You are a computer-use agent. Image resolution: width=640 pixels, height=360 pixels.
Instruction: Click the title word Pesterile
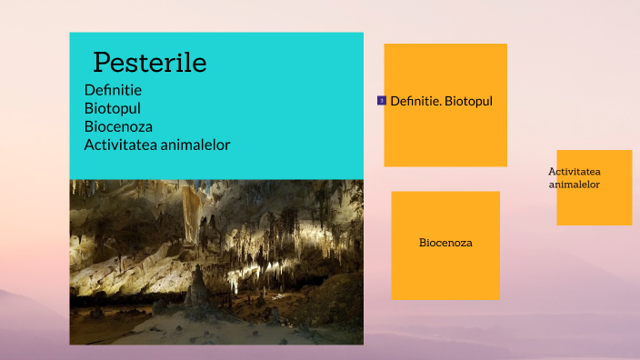click(150, 63)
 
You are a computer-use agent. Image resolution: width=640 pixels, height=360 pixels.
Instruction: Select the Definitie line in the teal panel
click(113, 90)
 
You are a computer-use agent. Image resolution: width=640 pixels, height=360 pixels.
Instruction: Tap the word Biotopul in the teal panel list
click(113, 108)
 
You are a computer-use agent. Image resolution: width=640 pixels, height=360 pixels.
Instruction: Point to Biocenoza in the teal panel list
click(118, 126)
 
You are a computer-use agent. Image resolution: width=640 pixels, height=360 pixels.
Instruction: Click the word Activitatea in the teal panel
click(117, 145)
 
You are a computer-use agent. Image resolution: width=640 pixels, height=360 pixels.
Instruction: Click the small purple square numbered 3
click(382, 100)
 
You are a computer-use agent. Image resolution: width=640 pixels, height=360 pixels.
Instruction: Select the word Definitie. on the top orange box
click(415, 101)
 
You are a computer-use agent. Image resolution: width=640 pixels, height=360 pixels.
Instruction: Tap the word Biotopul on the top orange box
click(468, 101)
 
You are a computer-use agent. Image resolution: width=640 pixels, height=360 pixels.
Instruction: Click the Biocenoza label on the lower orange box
click(445, 243)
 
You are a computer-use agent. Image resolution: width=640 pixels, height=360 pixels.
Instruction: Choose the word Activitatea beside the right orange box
click(575, 172)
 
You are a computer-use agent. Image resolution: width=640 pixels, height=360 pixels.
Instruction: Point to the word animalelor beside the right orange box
click(575, 185)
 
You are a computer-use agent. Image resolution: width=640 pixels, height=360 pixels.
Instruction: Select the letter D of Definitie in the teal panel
click(89, 90)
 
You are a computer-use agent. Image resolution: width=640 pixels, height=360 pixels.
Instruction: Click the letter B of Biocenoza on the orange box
click(423, 243)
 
